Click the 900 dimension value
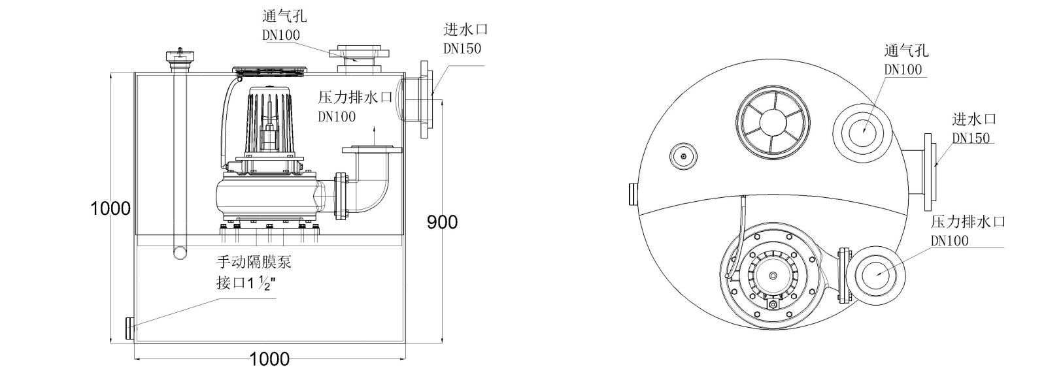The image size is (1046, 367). point(442,222)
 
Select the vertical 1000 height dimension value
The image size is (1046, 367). point(110,209)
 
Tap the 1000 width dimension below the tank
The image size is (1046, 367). point(269,359)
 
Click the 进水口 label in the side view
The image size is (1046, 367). point(465,30)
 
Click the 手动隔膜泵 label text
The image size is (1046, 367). point(253,263)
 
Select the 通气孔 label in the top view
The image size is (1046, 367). point(905,51)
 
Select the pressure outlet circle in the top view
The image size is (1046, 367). point(875,274)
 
